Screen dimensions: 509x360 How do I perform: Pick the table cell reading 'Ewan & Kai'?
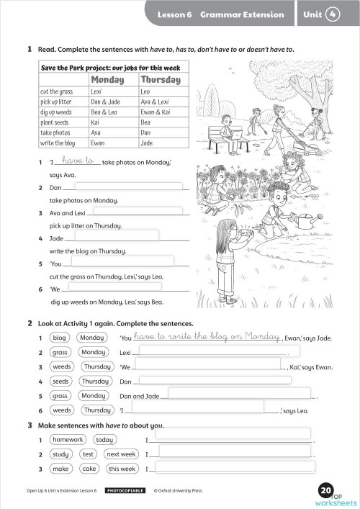tap(155, 112)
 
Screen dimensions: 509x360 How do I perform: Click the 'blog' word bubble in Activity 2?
tap(60, 338)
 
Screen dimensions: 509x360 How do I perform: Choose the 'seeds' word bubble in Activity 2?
tap(60, 381)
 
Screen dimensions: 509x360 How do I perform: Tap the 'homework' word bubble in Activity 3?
tap(67, 439)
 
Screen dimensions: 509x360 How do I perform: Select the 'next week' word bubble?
tap(120, 454)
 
